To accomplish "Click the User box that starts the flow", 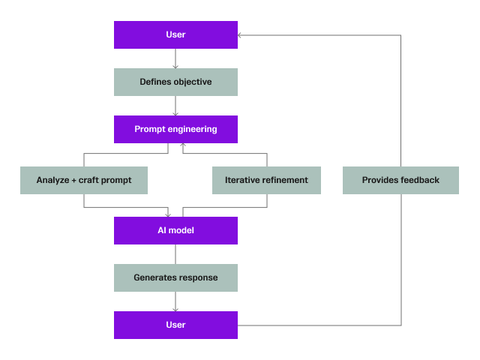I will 175,35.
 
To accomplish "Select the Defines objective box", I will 175,82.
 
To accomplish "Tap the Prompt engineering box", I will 175,129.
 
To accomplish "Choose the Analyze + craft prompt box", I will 84,180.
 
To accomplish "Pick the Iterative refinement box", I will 266,180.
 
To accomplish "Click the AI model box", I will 175,230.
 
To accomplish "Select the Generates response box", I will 175,277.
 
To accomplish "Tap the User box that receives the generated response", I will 175,325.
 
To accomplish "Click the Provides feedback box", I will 400,180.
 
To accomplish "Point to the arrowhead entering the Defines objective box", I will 175,65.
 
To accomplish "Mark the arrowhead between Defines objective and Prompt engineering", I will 175,112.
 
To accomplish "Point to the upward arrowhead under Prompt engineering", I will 184,146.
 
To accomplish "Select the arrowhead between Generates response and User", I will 175,308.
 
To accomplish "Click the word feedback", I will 422,180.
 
